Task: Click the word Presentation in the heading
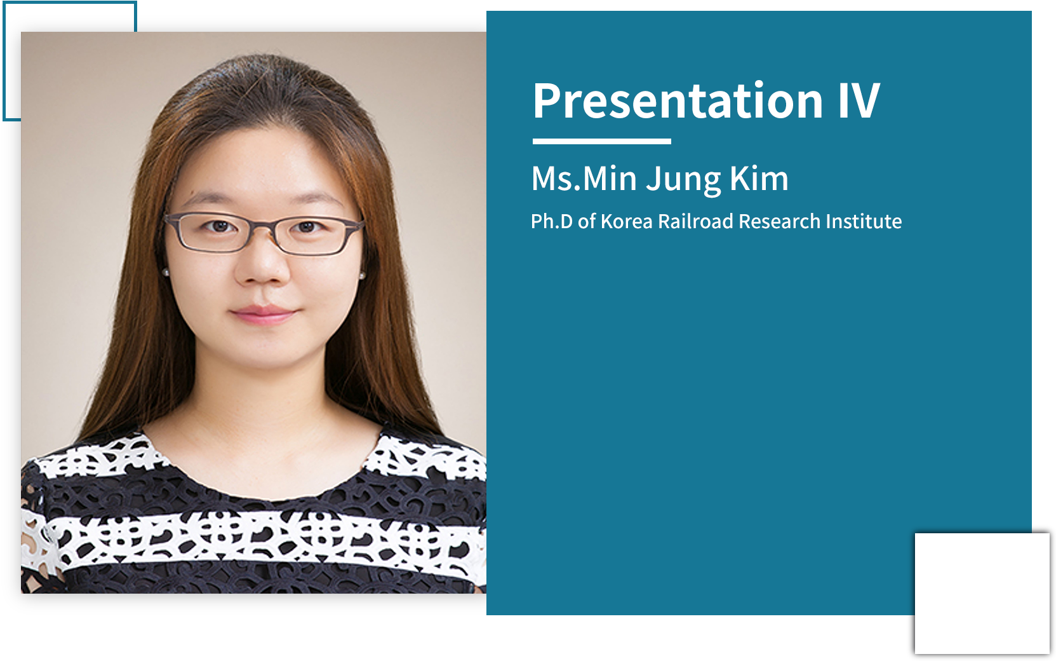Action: pyautogui.click(x=678, y=100)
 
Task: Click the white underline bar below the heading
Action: pyautogui.click(x=601, y=141)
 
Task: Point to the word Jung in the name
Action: pyautogui.click(x=683, y=181)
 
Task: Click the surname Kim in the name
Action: pyautogui.click(x=759, y=178)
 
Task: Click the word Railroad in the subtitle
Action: pyautogui.click(x=696, y=221)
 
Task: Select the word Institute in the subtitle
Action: pyautogui.click(x=864, y=221)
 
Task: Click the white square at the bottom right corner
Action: pyautogui.click(x=982, y=593)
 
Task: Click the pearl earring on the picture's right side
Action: pyautogui.click(x=362, y=275)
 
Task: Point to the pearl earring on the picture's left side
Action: pyautogui.click(x=166, y=272)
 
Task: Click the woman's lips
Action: pyautogui.click(x=264, y=314)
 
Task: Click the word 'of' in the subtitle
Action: pyautogui.click(x=587, y=221)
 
